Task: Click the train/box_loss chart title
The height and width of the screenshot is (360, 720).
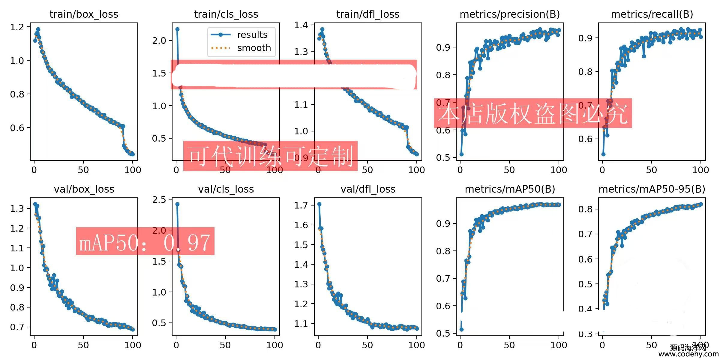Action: [x=84, y=14]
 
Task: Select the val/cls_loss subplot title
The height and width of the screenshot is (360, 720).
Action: [x=226, y=189]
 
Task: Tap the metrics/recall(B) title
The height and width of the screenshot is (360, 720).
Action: [x=652, y=14]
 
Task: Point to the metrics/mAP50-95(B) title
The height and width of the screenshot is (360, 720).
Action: [x=652, y=189]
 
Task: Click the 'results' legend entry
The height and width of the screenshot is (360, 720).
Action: [x=252, y=35]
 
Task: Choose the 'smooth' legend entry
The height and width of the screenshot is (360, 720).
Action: [x=254, y=48]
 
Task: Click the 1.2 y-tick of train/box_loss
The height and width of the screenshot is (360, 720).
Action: [x=17, y=27]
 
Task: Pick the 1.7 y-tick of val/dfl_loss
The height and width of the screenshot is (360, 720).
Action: [x=301, y=205]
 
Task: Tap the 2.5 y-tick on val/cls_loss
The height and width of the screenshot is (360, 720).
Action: [x=159, y=200]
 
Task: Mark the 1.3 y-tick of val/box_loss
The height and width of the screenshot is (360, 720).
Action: [x=17, y=208]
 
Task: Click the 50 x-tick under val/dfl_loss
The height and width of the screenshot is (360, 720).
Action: [x=367, y=345]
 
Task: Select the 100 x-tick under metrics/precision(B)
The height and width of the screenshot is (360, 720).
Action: [x=559, y=170]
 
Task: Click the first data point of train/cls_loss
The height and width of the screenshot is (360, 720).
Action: [x=177, y=29]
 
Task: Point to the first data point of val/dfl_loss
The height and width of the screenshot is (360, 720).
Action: [x=319, y=204]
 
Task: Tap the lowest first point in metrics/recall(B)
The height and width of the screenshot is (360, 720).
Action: [x=603, y=154]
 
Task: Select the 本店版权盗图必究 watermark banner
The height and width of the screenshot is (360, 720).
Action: [x=532, y=114]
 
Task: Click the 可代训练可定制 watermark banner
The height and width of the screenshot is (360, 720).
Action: [x=270, y=156]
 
